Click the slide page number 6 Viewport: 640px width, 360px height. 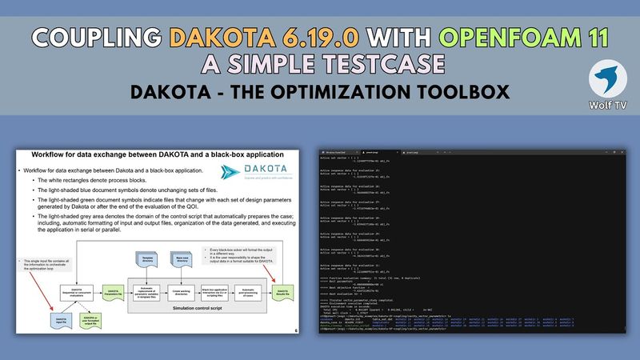tap(297, 330)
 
